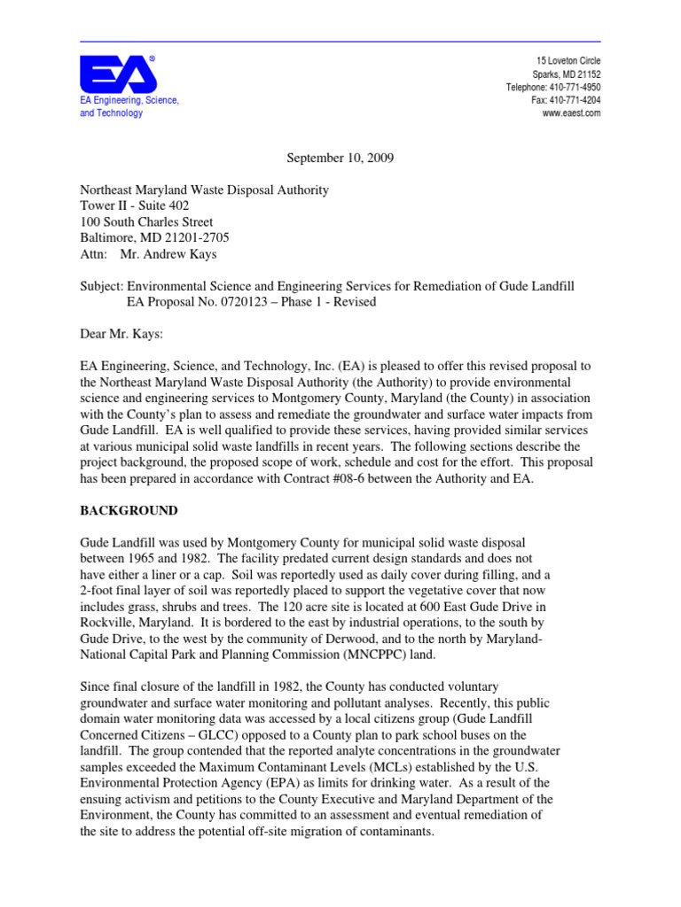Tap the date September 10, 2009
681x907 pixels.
tap(340, 158)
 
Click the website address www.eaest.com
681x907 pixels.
tap(571, 113)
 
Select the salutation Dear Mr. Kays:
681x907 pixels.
tap(124, 333)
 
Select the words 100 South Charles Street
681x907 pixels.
tap(146, 222)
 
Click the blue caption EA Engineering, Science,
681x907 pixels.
tap(129, 100)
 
